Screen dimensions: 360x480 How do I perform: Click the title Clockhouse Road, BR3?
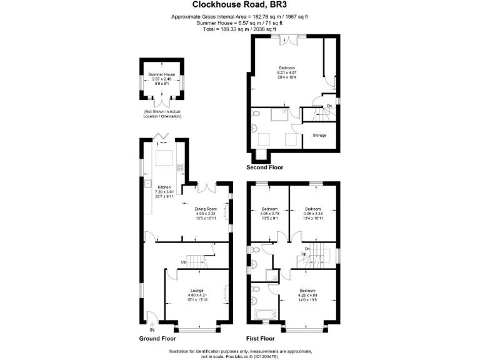(239, 6)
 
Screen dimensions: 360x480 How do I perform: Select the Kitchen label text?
(164, 187)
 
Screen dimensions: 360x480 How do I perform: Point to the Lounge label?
(197, 291)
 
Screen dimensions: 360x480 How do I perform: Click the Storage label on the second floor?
(319, 135)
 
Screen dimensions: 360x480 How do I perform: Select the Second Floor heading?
(265, 167)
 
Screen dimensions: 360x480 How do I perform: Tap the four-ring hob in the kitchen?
(181, 167)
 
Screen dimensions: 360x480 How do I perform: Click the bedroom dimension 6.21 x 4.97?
(287, 72)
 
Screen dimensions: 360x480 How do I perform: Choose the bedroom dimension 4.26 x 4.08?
(307, 296)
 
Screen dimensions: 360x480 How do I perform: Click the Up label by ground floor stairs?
(184, 261)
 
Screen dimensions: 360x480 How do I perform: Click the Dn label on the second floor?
(329, 106)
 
